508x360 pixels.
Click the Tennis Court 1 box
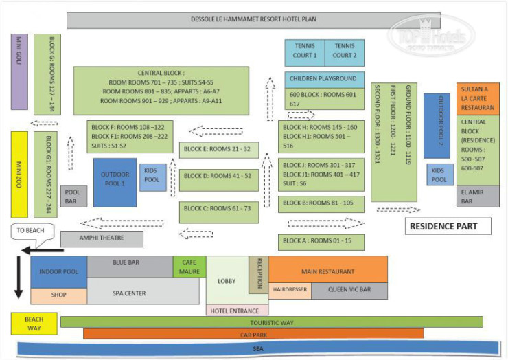pos(305,52)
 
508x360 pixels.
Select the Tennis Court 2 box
pos(345,52)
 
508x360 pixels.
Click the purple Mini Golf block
pos(19,71)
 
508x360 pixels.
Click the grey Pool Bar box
pos(73,196)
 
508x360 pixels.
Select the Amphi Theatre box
pos(102,238)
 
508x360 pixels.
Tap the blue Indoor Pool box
pos(58,271)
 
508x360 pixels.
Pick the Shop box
pos(58,295)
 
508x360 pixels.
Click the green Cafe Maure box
pos(189,266)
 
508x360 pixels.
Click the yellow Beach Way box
pos(34,323)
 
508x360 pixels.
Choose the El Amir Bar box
pos(478,196)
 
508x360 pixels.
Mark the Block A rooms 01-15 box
pos(321,241)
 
